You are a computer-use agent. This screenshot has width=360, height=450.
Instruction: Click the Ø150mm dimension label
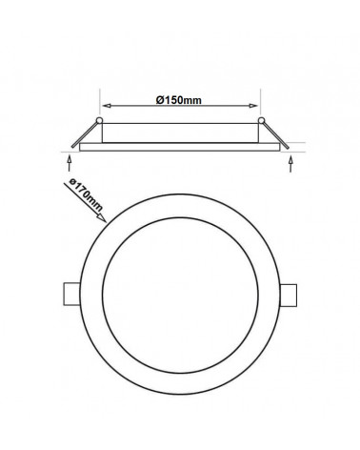click(179, 100)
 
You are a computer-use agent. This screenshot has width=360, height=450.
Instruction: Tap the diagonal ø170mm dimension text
click(87, 195)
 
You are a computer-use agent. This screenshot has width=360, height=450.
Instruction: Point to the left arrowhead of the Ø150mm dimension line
click(107, 106)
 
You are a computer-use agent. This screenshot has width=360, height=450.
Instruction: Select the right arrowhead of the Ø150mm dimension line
click(253, 106)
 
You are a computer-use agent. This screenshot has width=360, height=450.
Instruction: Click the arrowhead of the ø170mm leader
click(102, 217)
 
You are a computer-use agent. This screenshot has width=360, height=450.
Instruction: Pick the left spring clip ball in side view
click(99, 120)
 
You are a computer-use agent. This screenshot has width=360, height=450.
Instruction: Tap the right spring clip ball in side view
click(261, 120)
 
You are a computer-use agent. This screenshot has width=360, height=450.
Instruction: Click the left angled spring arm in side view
click(85, 134)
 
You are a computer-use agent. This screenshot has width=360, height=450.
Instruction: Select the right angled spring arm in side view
click(276, 135)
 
